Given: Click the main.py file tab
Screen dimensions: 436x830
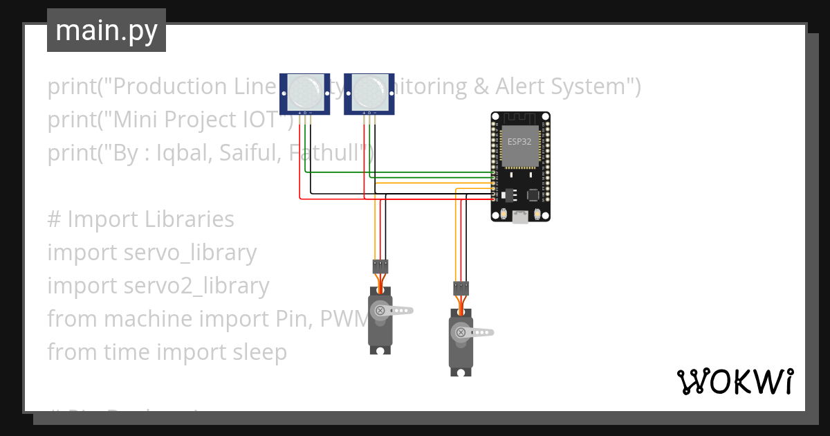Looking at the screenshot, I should (x=107, y=30).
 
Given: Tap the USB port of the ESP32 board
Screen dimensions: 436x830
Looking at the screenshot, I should (x=520, y=217).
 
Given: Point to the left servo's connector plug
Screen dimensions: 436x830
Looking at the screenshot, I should (x=380, y=265).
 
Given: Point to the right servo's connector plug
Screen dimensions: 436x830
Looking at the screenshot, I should (x=461, y=287).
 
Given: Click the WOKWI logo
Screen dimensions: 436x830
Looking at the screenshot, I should (x=735, y=382).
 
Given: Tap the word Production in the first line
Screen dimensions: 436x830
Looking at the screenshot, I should (x=164, y=87).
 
